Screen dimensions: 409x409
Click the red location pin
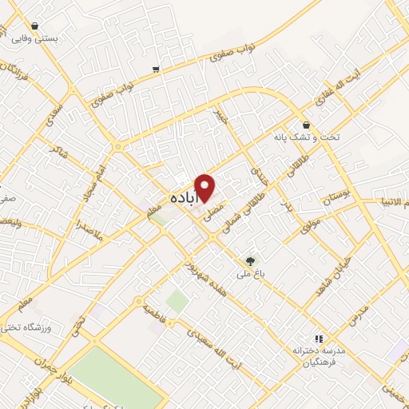point(205,186)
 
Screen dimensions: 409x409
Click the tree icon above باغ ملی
point(252,260)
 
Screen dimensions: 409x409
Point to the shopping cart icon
point(156,69)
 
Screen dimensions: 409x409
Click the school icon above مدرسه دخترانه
point(319,339)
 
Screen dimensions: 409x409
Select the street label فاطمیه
point(156,308)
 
